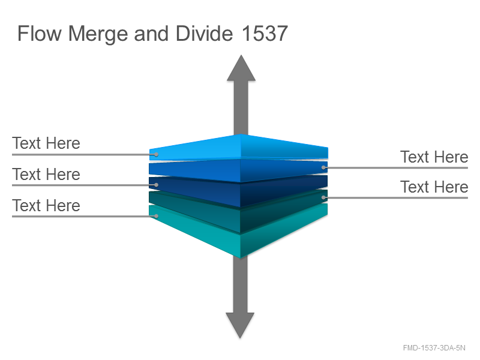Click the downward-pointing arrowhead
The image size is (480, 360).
[x=241, y=325]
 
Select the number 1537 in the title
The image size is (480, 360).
[x=265, y=34]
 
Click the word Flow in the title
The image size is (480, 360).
[x=40, y=34]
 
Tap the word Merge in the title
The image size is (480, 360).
[x=98, y=34]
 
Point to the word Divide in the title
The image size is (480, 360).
[x=204, y=34]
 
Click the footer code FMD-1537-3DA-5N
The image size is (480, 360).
[x=434, y=348]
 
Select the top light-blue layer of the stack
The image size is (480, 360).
[x=239, y=148]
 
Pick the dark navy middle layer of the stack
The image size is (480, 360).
[x=239, y=190]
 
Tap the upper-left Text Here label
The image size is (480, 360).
[x=46, y=143]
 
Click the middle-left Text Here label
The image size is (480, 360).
[x=46, y=175]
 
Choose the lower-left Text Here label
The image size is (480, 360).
[x=46, y=205]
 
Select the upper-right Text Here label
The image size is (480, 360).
[x=434, y=157]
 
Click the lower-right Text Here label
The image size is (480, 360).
[x=434, y=187]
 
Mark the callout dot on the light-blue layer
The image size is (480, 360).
[x=156, y=154]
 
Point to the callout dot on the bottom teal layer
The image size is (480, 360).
[x=156, y=216]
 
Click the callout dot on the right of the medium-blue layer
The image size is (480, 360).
[x=323, y=167]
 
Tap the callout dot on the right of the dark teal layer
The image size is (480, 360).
[x=323, y=197]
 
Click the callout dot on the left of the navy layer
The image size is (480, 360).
[x=156, y=185]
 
